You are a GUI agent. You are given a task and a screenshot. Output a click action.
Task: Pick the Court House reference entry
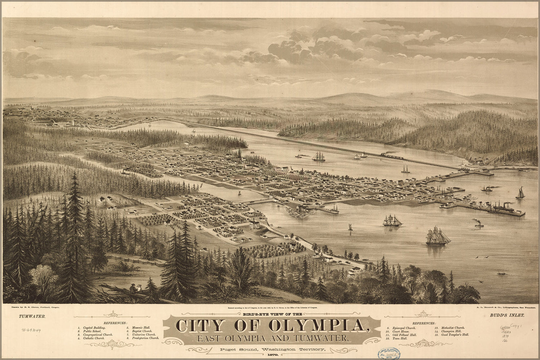(402, 328)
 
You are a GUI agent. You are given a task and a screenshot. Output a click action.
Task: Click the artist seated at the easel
(133, 288)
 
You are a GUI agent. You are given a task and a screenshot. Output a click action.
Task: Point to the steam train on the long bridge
(391, 156)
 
